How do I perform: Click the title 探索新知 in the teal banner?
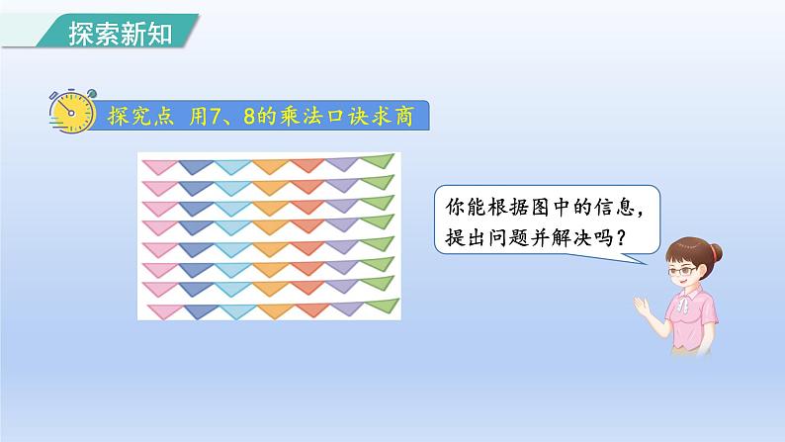[120, 34]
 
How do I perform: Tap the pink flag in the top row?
[156, 163]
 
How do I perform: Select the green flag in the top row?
[376, 161]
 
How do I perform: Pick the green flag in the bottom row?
[380, 308]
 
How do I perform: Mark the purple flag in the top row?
[342, 162]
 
